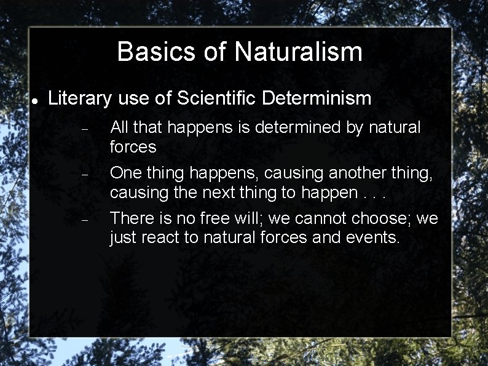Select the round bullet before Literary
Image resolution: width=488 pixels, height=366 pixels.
click(x=36, y=100)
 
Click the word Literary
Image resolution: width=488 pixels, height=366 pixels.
click(x=80, y=98)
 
